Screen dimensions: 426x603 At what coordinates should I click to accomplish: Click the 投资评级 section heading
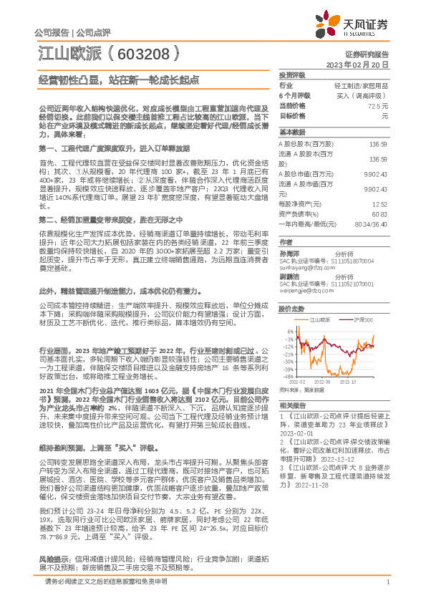tap(291, 74)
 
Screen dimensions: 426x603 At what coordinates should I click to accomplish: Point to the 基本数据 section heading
tap(291, 132)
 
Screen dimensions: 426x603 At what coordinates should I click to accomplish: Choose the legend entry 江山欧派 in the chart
tap(319, 319)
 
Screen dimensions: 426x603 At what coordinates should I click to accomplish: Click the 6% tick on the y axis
tap(289, 328)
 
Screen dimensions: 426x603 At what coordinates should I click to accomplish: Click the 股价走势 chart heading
tap(291, 309)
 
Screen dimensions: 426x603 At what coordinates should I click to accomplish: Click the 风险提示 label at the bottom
tap(53, 576)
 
